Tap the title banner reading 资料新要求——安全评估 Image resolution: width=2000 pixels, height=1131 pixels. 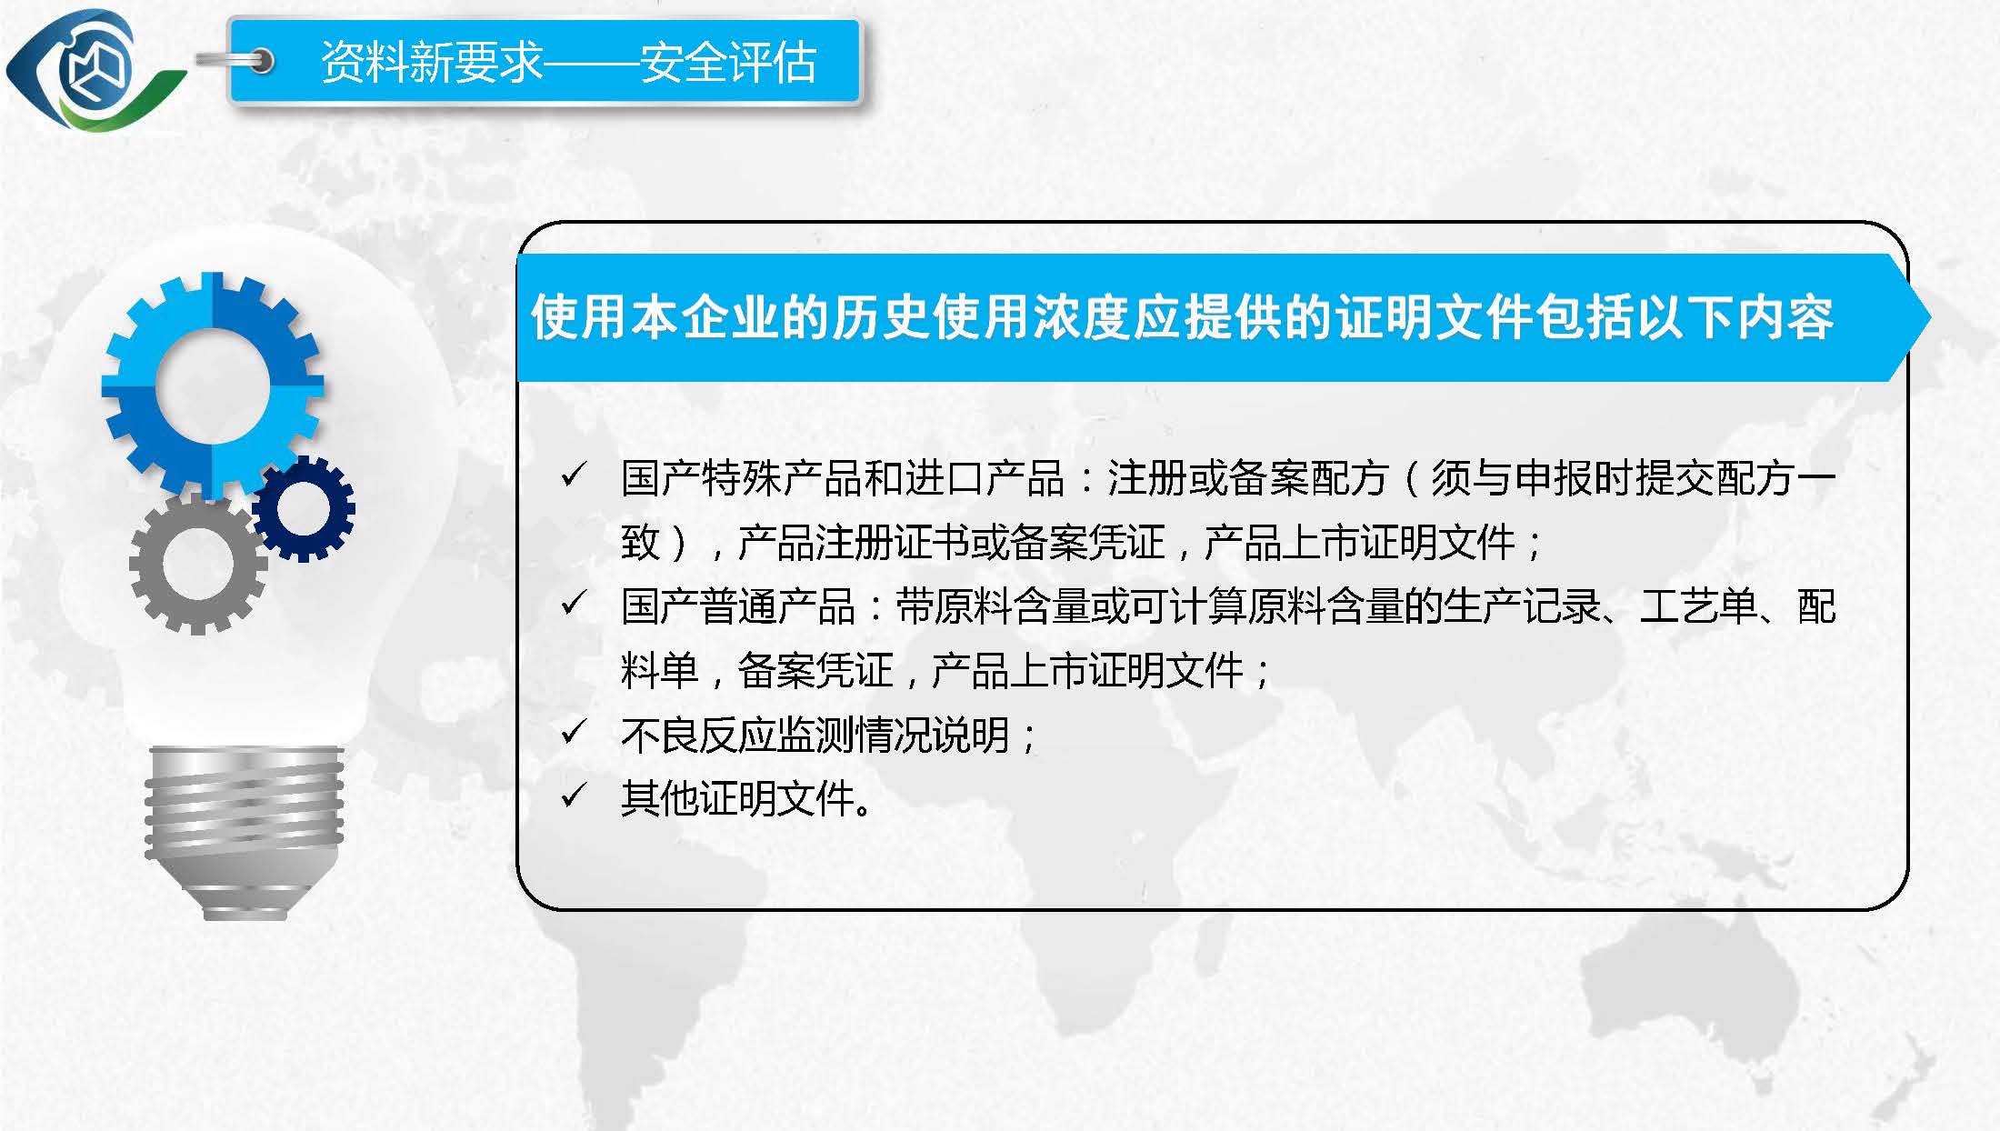click(x=544, y=61)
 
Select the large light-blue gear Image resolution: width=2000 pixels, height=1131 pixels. click(x=213, y=385)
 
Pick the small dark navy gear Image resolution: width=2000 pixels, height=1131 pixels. click(x=304, y=508)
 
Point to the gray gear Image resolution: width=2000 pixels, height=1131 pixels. click(x=197, y=564)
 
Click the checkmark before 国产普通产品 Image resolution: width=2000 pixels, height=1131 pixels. click(x=573, y=603)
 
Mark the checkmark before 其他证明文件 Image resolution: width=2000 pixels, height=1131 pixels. click(x=573, y=796)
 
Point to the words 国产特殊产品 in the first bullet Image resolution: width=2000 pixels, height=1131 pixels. click(x=739, y=478)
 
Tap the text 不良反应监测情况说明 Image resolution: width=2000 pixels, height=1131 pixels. click(x=815, y=735)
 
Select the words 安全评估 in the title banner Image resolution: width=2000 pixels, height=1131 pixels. click(x=728, y=62)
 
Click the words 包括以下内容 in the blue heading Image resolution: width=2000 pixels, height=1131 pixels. click(x=1685, y=317)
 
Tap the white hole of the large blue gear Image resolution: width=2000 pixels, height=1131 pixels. click(x=213, y=386)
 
